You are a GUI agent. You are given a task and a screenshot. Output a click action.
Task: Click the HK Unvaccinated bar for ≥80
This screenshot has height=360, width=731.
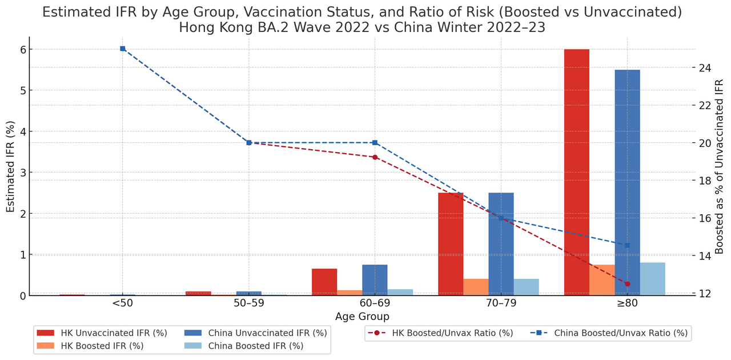click(576, 172)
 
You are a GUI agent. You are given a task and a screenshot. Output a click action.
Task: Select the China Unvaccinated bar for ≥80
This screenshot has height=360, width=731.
click(627, 182)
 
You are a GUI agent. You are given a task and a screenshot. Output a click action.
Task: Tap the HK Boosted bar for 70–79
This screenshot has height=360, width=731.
click(476, 287)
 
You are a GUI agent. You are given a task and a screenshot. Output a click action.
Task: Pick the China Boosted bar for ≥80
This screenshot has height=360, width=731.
click(652, 279)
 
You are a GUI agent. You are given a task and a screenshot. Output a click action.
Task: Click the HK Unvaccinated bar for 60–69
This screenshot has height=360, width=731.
click(324, 282)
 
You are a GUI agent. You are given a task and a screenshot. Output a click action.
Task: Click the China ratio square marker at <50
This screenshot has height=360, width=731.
click(123, 49)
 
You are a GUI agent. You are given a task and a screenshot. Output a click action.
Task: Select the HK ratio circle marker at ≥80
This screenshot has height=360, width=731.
click(627, 283)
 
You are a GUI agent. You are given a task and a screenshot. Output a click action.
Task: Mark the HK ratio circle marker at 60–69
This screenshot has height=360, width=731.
click(375, 157)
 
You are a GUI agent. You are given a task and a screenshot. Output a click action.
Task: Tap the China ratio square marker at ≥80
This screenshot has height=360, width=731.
click(627, 245)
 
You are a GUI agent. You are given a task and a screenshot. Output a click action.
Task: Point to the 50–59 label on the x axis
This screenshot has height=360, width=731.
click(248, 303)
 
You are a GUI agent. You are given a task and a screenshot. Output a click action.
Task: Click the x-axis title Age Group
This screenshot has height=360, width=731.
click(362, 317)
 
